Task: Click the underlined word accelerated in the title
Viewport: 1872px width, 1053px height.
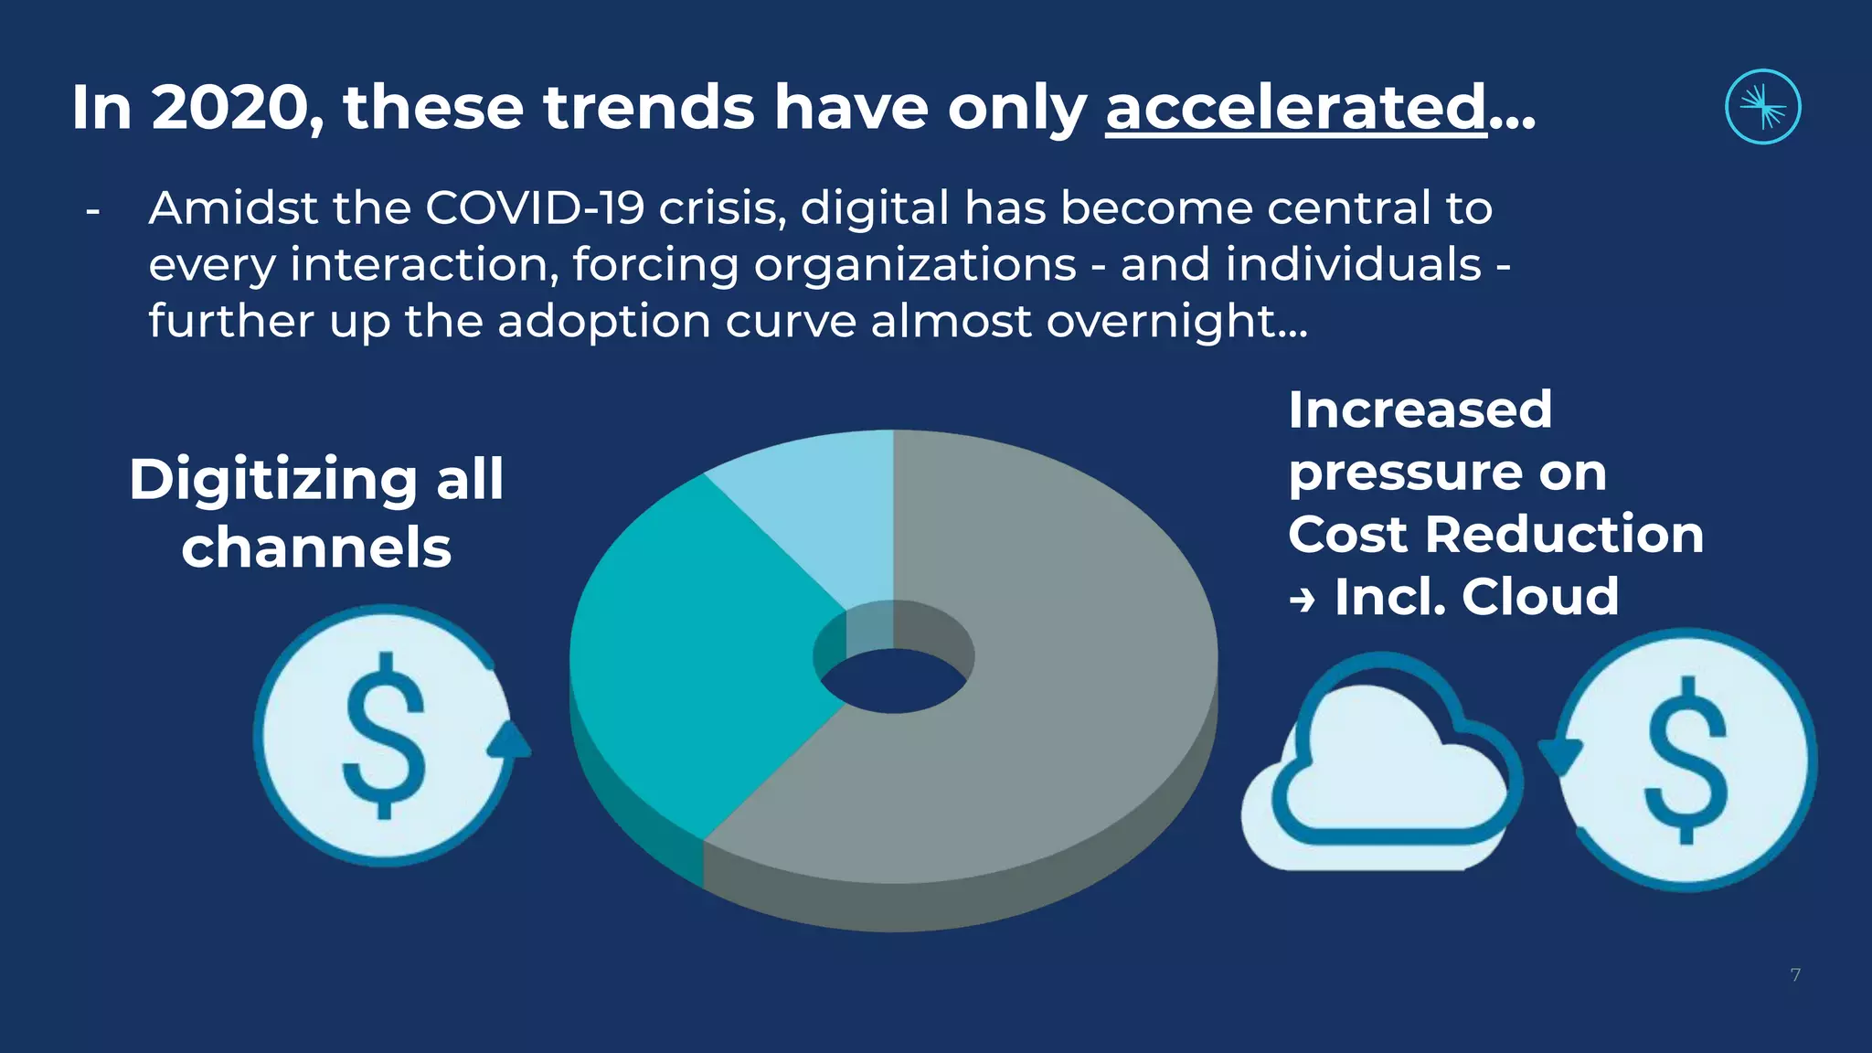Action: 1296,108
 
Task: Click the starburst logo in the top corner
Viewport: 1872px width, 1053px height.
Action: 1762,107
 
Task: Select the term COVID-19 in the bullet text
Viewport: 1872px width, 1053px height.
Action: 535,208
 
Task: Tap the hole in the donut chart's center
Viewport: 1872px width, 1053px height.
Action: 894,681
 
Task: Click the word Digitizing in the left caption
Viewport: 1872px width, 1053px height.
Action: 272,480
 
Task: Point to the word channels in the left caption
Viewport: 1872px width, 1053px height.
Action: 316,548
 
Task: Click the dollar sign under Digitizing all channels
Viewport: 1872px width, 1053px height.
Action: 384,736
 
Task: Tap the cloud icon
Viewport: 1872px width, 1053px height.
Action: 1380,777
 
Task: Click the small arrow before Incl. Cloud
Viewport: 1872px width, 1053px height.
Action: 1302,601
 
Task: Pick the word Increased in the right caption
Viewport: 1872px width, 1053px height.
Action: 1420,409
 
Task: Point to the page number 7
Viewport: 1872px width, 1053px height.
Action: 1795,975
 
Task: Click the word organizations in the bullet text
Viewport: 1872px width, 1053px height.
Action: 915,265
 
